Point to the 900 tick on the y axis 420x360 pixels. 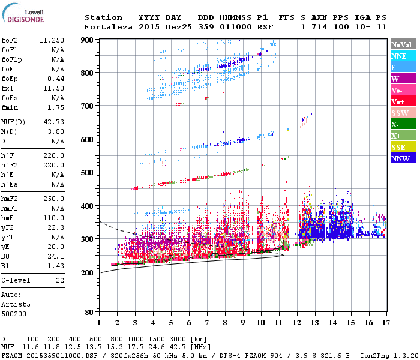point(88,40)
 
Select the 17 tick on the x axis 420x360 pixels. point(386,322)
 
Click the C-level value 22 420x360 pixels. point(60,280)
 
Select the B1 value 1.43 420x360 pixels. point(55,265)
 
